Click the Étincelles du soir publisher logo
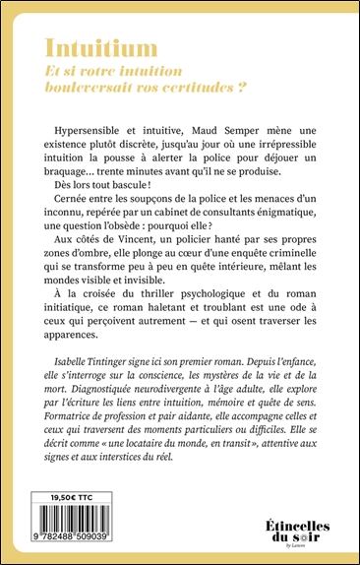[294, 530]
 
